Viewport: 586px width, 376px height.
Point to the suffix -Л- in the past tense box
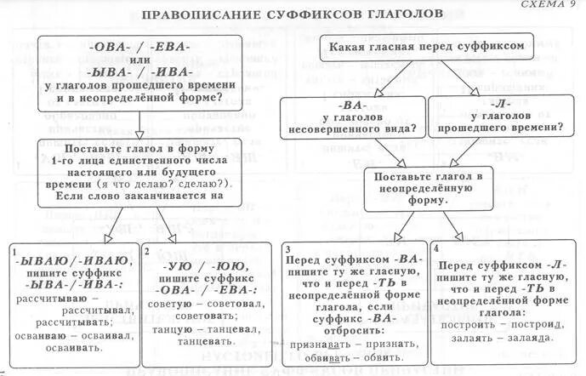click(496, 108)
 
